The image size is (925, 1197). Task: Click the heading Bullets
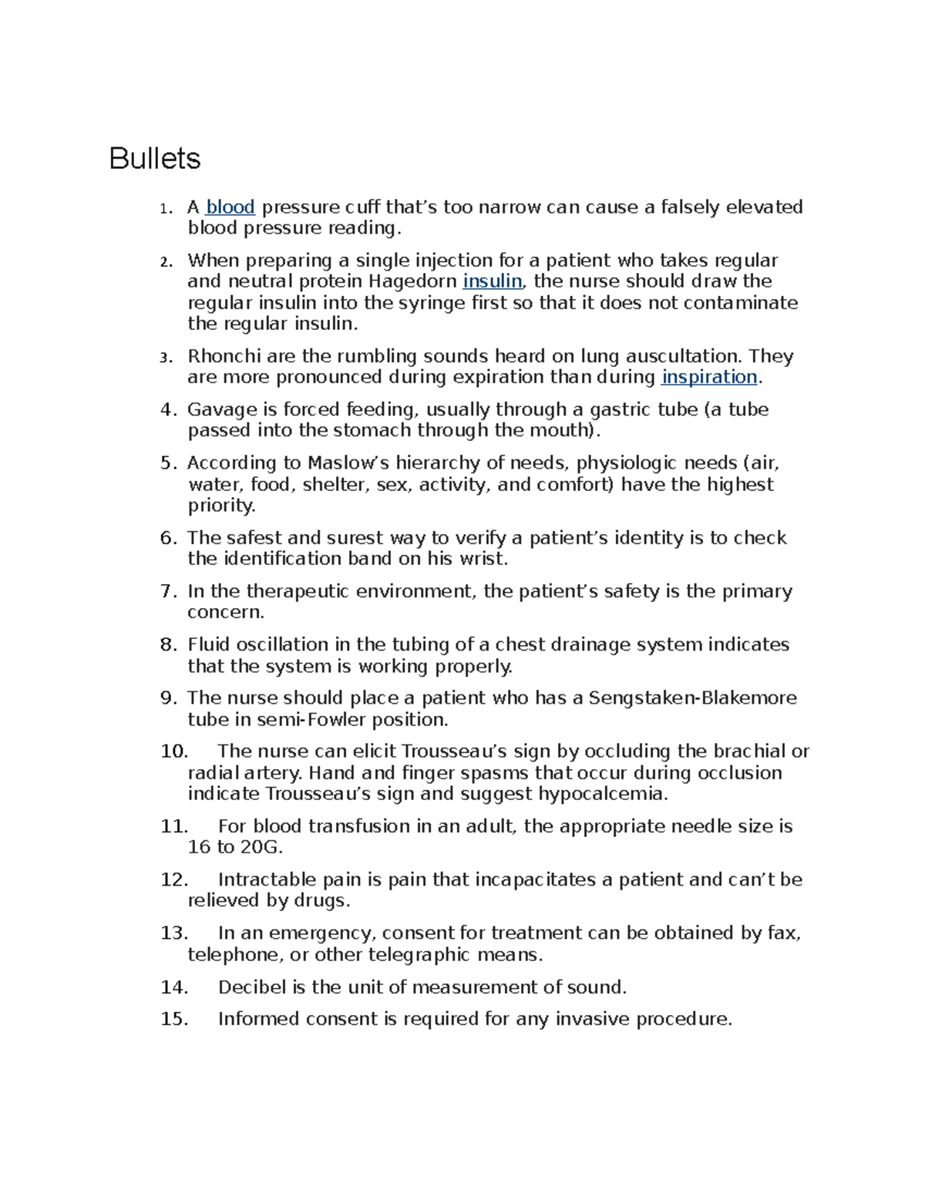coord(155,159)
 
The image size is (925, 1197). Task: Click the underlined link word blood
coord(230,207)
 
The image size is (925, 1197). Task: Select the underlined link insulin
coord(493,281)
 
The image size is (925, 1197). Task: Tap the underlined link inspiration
coord(709,377)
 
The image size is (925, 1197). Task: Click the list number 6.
coord(168,538)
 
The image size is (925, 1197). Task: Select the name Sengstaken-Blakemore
coord(692,698)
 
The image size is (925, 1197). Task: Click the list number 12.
coord(173,879)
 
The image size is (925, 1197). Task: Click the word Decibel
coord(252,987)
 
